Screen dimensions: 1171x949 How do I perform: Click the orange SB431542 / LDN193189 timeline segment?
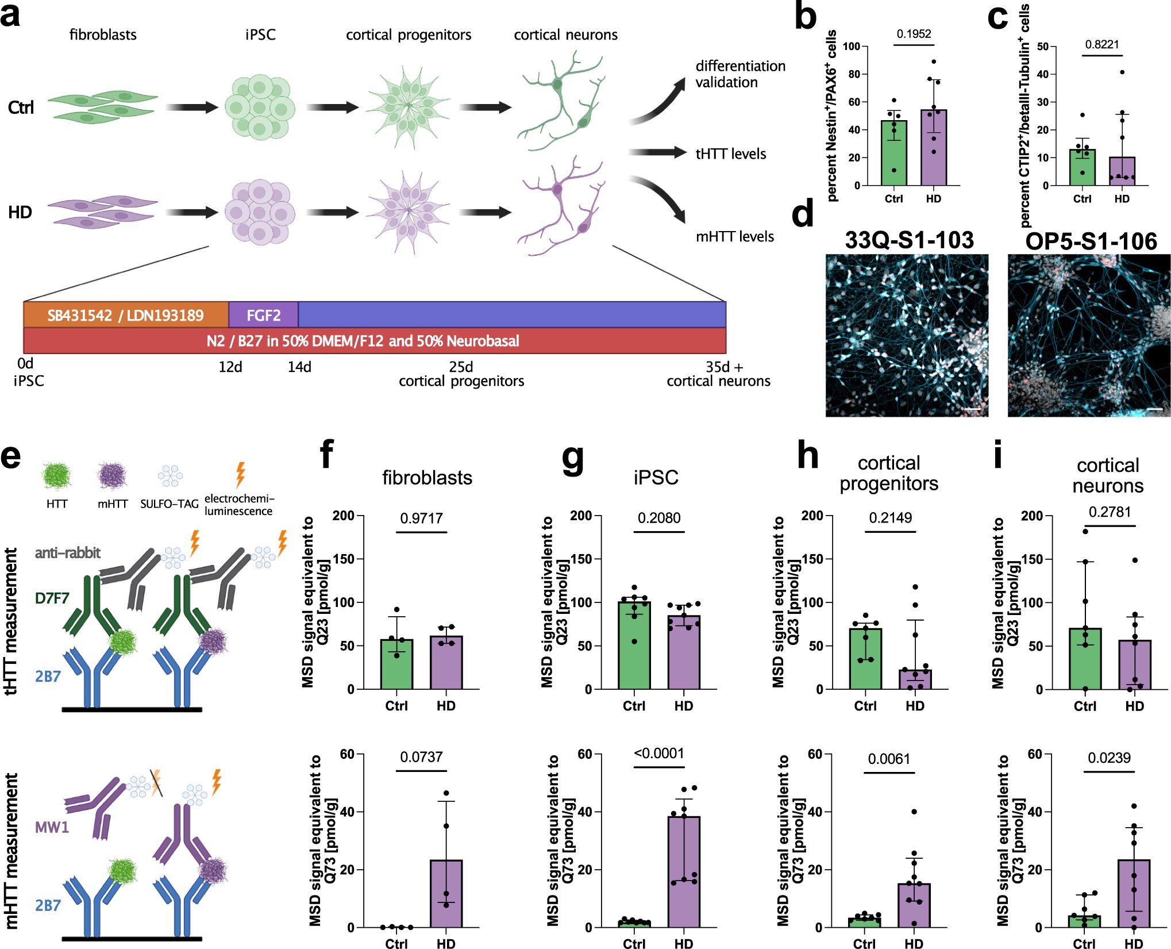pos(126,315)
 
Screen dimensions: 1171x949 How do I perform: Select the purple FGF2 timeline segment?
pos(263,315)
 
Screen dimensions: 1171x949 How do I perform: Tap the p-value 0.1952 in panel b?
pos(914,34)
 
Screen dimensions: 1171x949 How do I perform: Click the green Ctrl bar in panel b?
pos(894,153)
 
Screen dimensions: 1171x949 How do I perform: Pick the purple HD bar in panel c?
pos(1122,171)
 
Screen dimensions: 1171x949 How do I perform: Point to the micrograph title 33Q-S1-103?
pos(910,240)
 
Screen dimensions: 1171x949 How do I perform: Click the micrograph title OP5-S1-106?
pos(1091,241)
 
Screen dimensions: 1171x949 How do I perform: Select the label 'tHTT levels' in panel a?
pos(731,154)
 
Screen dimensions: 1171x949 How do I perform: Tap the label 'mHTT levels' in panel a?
pos(735,237)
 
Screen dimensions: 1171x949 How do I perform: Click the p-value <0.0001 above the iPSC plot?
pos(659,754)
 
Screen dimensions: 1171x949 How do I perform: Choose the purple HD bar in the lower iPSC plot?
pos(684,872)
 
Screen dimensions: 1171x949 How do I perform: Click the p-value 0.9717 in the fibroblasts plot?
pos(421,518)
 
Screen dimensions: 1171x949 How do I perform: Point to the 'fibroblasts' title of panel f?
pos(427,478)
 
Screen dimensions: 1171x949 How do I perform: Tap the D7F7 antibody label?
pos(52,598)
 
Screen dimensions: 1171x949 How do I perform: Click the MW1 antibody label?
pos(52,828)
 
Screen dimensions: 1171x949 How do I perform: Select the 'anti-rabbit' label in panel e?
pos(68,553)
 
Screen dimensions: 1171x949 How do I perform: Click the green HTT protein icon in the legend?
pos(56,476)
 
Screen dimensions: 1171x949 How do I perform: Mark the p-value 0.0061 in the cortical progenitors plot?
pos(889,759)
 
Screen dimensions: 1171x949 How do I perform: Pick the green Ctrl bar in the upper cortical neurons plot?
pos(1085,659)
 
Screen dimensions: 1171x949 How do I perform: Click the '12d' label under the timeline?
pos(230,367)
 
